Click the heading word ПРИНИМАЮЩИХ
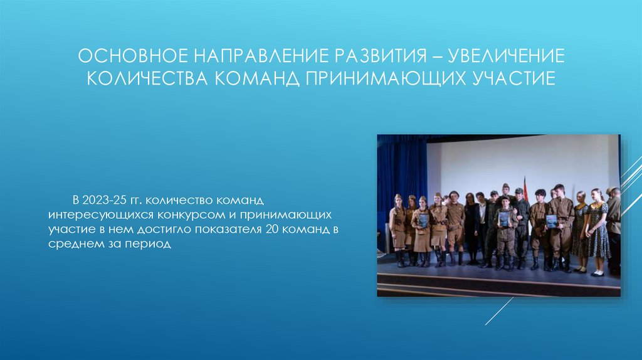(381, 80)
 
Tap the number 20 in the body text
(271, 229)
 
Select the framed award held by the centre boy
(504, 218)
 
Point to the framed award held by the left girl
(423, 221)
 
